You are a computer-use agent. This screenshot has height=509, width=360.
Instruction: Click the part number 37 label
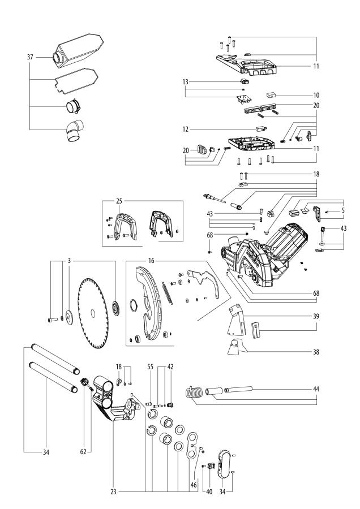click(x=30, y=57)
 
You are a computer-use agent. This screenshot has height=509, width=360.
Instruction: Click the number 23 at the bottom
click(x=114, y=492)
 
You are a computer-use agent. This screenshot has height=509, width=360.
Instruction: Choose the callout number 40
click(x=208, y=493)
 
